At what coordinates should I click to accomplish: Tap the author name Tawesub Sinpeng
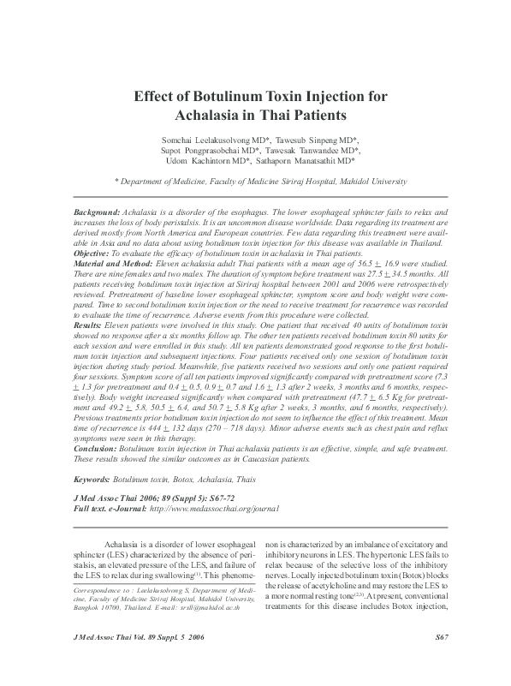pyautogui.click(x=326, y=137)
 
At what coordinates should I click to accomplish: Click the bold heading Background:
pyautogui.click(x=97, y=210)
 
